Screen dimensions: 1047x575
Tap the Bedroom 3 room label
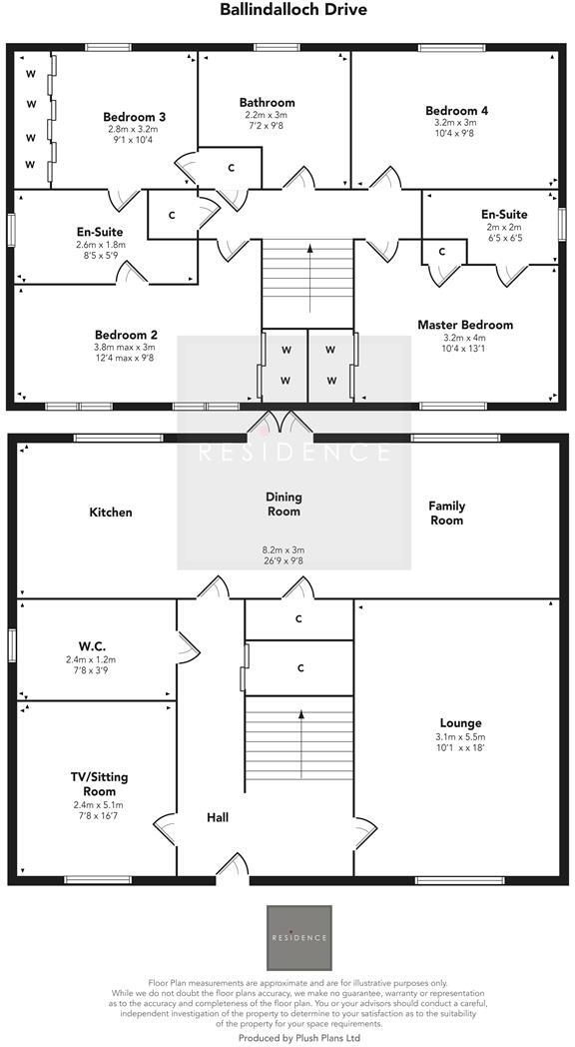click(x=134, y=117)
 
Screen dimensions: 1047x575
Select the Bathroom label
click(x=267, y=102)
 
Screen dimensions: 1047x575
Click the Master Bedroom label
click(x=465, y=325)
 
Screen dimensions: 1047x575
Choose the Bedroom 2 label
click(x=126, y=335)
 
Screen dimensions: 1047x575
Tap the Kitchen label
click(x=111, y=513)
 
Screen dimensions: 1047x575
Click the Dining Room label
click(x=285, y=504)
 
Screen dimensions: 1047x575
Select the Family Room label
click(x=447, y=513)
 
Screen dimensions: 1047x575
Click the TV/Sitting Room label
click(x=99, y=783)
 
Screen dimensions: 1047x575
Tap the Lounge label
click(x=460, y=723)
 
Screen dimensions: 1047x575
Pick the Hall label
click(x=218, y=817)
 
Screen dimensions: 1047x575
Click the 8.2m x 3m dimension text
click(x=285, y=549)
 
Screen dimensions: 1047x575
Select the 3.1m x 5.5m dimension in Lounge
click(x=460, y=737)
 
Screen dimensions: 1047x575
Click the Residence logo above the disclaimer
click(x=298, y=937)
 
